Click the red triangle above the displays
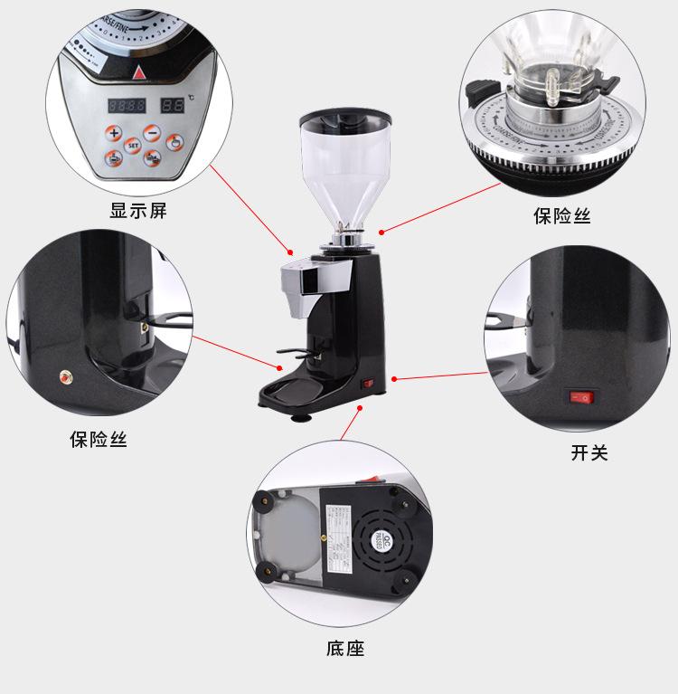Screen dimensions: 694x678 [x=139, y=73]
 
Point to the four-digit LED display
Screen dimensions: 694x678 [x=126, y=105]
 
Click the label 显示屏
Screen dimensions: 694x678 [x=138, y=213]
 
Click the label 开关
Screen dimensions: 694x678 [x=589, y=452]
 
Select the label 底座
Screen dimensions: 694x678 [x=344, y=648]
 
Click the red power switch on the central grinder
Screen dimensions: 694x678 [x=367, y=384]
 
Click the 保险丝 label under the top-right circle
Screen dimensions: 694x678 [x=561, y=216]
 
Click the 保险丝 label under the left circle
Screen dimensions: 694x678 [x=99, y=441]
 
